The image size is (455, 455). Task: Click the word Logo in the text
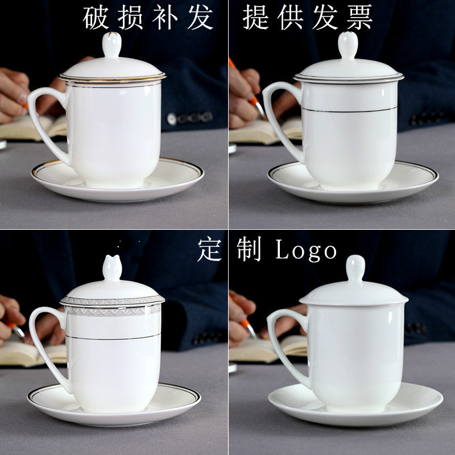point(307,250)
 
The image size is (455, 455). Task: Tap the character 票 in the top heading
point(359,18)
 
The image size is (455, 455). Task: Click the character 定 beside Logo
point(209,250)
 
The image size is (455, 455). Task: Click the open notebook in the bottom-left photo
point(34,353)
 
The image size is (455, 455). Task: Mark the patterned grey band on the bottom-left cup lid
point(112,300)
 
